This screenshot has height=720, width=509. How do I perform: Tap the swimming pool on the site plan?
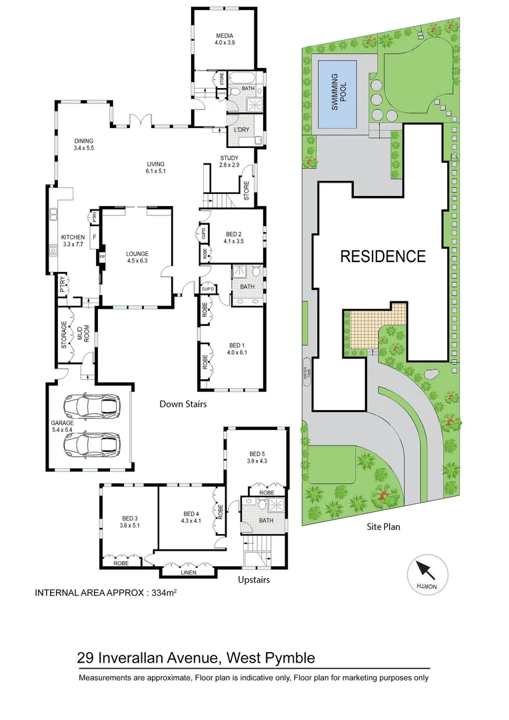(336, 95)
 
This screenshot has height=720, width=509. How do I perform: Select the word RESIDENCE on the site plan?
(382, 256)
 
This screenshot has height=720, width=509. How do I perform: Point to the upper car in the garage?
(93, 405)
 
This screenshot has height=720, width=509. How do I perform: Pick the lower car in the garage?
(93, 443)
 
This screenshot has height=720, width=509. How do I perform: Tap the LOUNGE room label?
(136, 254)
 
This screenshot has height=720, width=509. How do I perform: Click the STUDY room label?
(229, 158)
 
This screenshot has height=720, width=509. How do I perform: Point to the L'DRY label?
(241, 130)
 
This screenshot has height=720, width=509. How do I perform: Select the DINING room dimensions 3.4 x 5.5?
(85, 148)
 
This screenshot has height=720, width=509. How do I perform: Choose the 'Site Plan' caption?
(383, 526)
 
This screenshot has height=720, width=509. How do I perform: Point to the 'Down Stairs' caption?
(183, 404)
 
